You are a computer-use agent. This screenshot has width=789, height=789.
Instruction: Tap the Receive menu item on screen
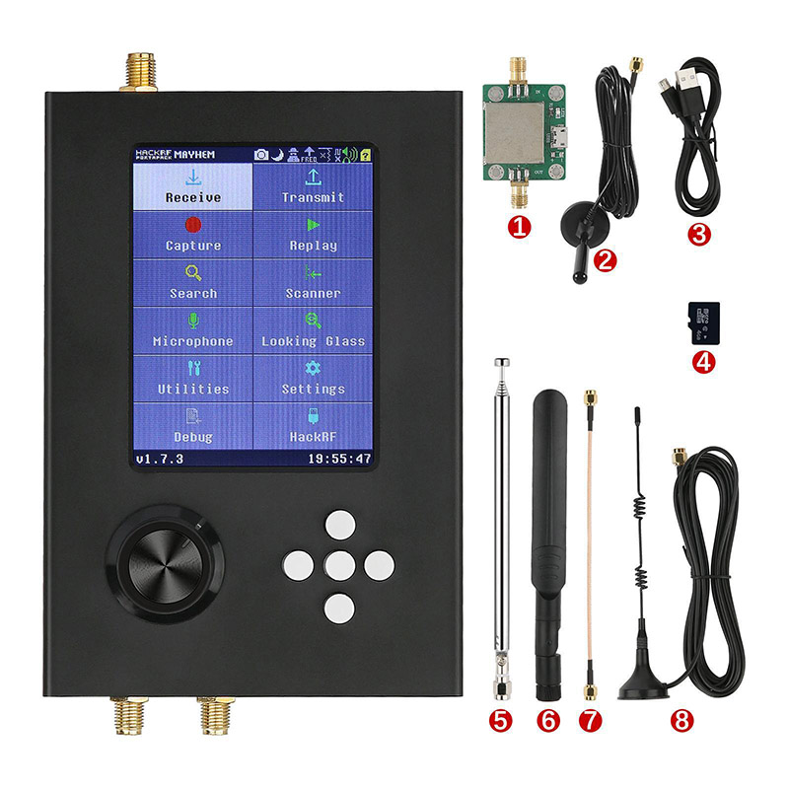point(193,187)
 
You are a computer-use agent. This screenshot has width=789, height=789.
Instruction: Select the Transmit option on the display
point(313,187)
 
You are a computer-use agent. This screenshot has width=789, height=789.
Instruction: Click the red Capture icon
point(193,225)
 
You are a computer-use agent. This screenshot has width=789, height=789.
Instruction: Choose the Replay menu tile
point(313,235)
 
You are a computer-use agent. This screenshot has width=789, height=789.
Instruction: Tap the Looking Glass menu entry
point(313,330)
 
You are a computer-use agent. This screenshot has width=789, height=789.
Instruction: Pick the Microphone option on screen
point(193,330)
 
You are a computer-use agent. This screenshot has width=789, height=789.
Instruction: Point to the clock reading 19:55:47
point(338,460)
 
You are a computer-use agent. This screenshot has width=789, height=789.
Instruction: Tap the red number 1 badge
point(518,226)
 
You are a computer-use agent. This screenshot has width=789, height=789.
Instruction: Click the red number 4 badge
point(703,362)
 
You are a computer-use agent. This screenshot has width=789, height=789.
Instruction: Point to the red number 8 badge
point(680,720)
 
